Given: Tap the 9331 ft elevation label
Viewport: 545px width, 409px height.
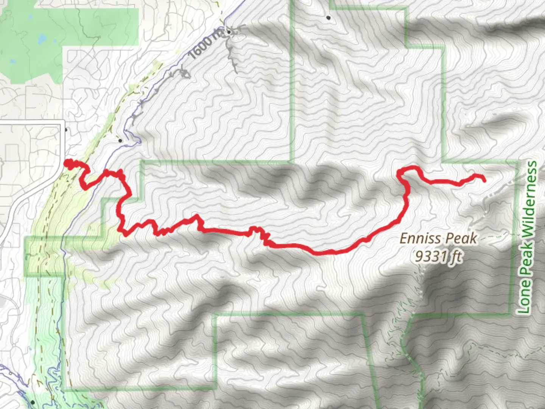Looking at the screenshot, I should (439, 257).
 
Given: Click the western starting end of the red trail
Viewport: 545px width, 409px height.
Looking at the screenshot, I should (67, 163).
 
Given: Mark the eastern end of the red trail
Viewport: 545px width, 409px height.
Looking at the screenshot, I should (484, 181).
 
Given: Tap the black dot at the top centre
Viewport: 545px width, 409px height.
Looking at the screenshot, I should (329, 17).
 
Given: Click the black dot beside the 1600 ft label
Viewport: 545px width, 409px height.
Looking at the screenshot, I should (229, 32).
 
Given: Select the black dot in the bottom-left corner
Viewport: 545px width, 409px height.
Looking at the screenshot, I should (33, 402).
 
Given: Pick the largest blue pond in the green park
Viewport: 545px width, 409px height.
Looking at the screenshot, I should (42, 38).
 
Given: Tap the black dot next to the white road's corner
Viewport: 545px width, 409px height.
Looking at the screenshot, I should (66, 130).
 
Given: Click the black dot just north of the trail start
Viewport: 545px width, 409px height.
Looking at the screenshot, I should (120, 140).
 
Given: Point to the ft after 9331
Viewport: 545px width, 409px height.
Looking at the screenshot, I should (455, 257).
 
